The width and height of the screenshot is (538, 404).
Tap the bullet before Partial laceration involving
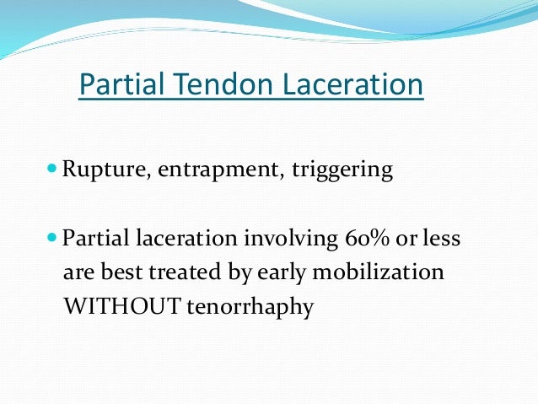[x=53, y=238]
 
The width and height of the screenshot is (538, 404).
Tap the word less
[x=443, y=240]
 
